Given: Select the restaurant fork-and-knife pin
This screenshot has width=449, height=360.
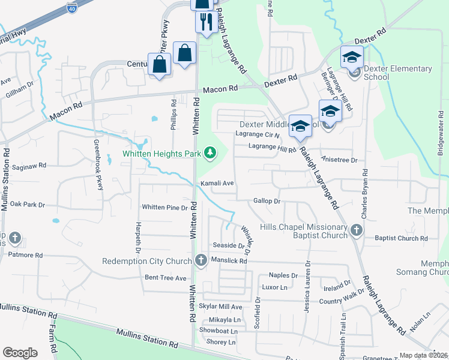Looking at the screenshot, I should pos(206,22).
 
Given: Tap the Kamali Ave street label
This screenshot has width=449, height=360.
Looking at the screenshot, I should pos(217,182).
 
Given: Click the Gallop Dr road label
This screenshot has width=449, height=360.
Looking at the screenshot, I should pos(267,201).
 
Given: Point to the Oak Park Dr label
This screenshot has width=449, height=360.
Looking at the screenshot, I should pos(28,204).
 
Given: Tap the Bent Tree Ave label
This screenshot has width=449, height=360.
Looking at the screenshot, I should pos(166,278).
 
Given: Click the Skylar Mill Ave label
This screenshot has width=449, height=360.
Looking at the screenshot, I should pos(220,307).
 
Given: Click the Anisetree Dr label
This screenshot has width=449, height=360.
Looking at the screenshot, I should pos(339,160).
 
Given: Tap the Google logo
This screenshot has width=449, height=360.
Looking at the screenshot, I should pos(20,353).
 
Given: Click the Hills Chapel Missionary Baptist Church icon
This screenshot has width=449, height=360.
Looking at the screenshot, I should pos(357,230).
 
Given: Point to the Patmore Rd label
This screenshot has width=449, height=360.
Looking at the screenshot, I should pos(26,254).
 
